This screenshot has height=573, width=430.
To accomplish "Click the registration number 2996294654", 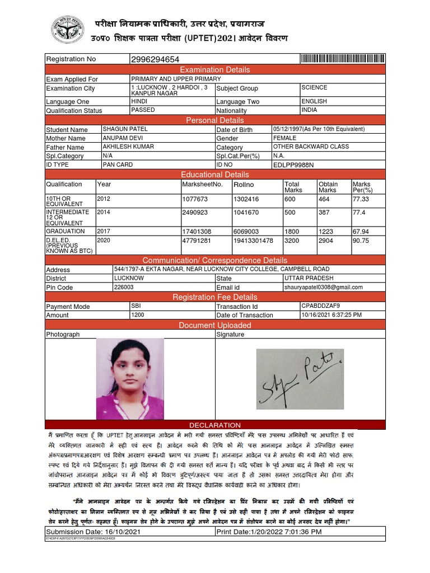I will tap(155, 59).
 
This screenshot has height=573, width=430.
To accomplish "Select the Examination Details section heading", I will tap(215, 69).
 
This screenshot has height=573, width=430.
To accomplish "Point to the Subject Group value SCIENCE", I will tap(314, 88).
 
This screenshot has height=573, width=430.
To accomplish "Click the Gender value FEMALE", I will tap(285, 138).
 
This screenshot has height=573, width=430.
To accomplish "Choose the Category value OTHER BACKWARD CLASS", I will tap(311, 147).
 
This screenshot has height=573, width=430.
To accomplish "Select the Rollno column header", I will tap(244, 184).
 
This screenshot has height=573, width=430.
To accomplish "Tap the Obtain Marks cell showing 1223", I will tap(326, 231).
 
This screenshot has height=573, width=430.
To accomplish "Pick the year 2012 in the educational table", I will tap(104, 199).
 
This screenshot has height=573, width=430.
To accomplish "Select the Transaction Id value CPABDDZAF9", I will tap(321, 306).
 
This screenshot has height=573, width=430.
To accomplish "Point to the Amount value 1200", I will tap(138, 315).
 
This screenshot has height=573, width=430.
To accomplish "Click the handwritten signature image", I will tap(300, 379).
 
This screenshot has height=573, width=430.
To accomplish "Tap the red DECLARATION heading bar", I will tap(215, 425).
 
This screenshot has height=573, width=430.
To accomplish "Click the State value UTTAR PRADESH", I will tap(309, 278).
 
